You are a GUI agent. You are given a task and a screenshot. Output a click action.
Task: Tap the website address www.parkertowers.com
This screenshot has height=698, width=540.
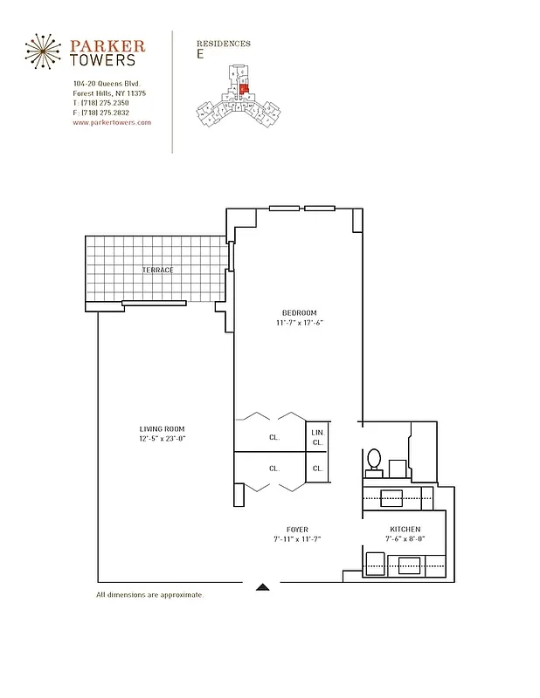112,123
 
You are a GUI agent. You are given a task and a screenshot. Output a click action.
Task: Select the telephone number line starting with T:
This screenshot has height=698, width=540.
101,103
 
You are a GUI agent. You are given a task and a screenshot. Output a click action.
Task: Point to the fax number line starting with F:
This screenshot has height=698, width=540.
101,113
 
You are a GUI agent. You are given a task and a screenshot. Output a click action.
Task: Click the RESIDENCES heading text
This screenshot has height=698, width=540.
224,43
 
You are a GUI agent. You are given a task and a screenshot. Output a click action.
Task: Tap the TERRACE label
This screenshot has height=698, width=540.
157,270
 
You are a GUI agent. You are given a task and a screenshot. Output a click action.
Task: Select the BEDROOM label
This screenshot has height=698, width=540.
299,313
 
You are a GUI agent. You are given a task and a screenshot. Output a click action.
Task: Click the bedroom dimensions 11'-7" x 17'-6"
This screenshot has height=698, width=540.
299,324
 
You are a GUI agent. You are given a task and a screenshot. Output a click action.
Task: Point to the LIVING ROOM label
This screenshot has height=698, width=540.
163,428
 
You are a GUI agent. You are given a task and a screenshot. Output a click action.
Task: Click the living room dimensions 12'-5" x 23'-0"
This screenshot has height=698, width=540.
163,438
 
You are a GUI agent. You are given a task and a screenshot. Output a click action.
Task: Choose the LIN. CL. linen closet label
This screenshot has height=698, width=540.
317,436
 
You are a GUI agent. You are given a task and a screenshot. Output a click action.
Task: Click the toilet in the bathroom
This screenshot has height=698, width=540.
375,458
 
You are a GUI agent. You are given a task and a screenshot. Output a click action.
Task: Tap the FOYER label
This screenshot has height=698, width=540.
297,530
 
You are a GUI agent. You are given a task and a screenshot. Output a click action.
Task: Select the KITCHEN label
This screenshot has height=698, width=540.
405,530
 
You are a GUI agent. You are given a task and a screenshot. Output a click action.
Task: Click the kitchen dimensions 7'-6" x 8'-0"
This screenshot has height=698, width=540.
405,539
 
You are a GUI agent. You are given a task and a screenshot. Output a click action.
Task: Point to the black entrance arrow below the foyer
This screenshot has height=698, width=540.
261,587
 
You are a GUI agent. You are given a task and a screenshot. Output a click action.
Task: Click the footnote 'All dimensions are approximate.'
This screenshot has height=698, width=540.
149,595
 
